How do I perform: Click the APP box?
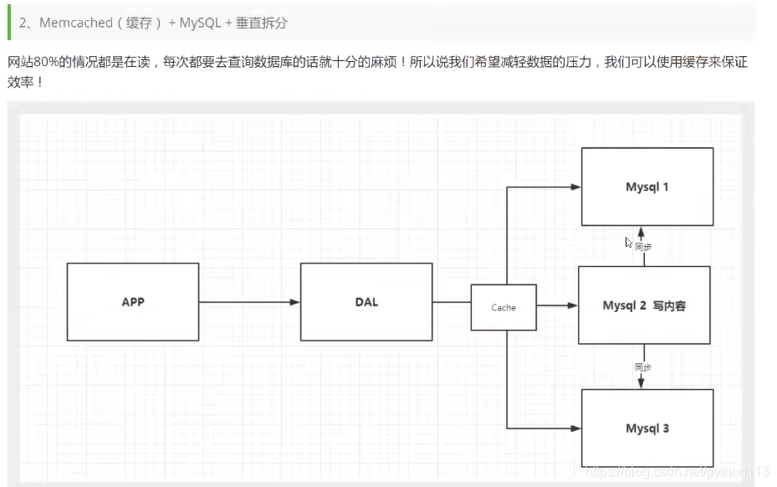133,302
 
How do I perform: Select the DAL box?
366,302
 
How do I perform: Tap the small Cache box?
504,307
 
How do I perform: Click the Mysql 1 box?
647,187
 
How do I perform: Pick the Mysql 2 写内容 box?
644,305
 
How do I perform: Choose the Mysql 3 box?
647,428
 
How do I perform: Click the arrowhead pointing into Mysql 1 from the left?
575,187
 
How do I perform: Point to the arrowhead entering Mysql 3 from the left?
575,428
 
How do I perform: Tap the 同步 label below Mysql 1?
643,247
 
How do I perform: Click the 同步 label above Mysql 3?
642,367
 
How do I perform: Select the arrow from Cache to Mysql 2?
557,306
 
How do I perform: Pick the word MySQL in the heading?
200,23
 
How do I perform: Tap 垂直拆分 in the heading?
261,23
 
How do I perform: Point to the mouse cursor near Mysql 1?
629,243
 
